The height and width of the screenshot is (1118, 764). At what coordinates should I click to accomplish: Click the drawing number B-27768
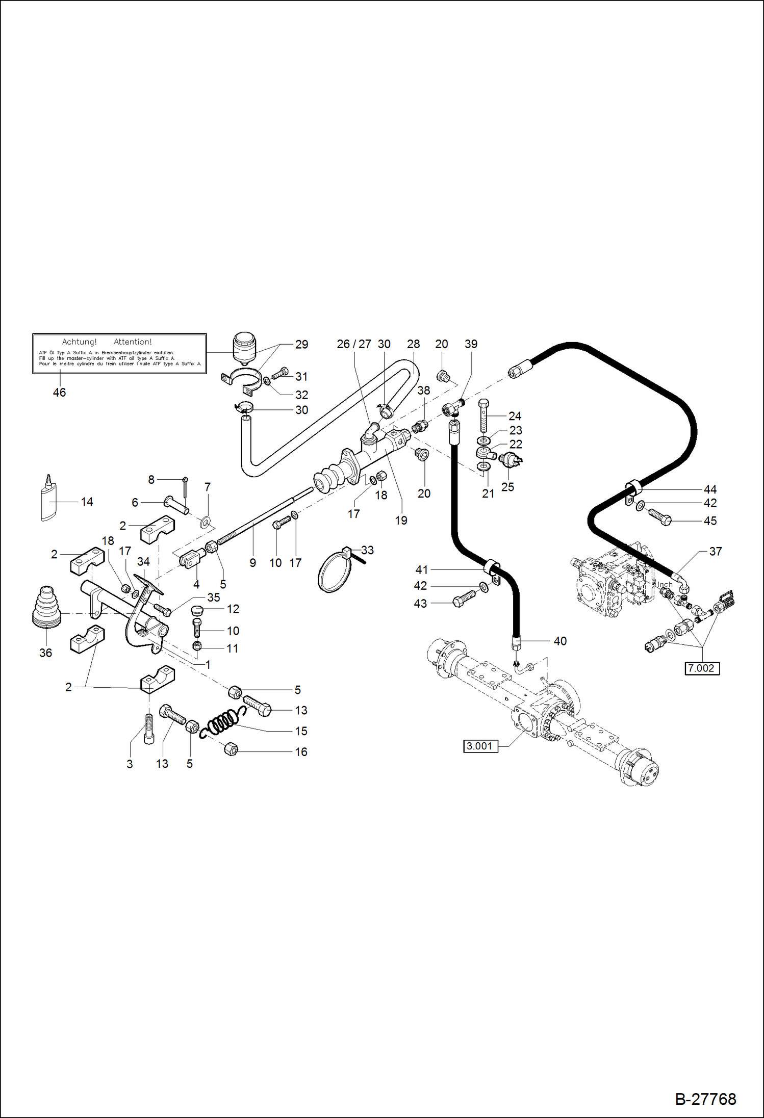click(x=705, y=1099)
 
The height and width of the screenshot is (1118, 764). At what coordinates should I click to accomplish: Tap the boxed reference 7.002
click(x=702, y=668)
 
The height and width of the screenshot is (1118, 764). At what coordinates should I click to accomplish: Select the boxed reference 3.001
click(x=480, y=746)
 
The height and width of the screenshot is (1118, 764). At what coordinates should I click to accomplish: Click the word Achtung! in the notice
click(x=79, y=342)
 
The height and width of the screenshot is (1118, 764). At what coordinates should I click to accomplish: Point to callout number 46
click(x=59, y=392)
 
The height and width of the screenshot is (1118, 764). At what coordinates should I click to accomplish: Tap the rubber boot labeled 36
click(x=46, y=609)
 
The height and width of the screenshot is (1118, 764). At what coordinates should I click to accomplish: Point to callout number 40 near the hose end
click(x=559, y=641)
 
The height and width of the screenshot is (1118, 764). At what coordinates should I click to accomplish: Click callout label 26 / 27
click(x=354, y=344)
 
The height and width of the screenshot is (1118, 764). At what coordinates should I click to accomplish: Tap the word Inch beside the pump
click(x=665, y=585)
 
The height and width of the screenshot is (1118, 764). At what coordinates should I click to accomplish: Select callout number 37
click(x=715, y=551)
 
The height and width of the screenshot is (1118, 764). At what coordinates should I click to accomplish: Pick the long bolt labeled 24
click(x=484, y=415)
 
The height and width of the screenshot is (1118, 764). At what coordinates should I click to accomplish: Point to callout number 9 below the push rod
click(x=252, y=563)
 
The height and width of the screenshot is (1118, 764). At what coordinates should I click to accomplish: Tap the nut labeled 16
click(x=231, y=749)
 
